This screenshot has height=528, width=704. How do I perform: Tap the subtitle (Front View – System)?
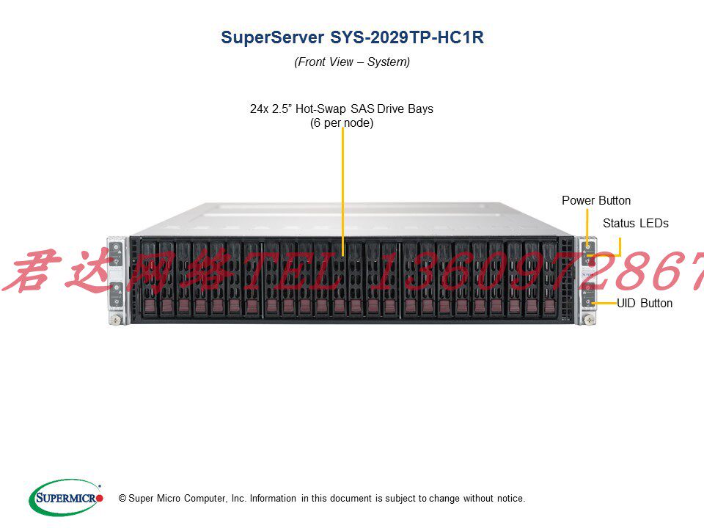click(x=352, y=62)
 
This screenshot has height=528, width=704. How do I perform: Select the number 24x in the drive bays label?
click(x=260, y=109)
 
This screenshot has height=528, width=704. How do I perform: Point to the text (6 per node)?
click(x=342, y=123)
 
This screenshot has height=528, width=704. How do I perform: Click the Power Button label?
click(x=595, y=201)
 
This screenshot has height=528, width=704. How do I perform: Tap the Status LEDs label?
click(x=635, y=224)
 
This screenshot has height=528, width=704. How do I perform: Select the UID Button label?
click(x=644, y=303)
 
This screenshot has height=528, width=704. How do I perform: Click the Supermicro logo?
click(x=66, y=497)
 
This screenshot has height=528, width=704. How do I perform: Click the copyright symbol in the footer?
click(x=122, y=499)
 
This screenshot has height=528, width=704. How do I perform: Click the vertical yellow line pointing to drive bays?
click(x=342, y=191)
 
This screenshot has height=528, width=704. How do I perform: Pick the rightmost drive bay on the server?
click(x=549, y=279)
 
